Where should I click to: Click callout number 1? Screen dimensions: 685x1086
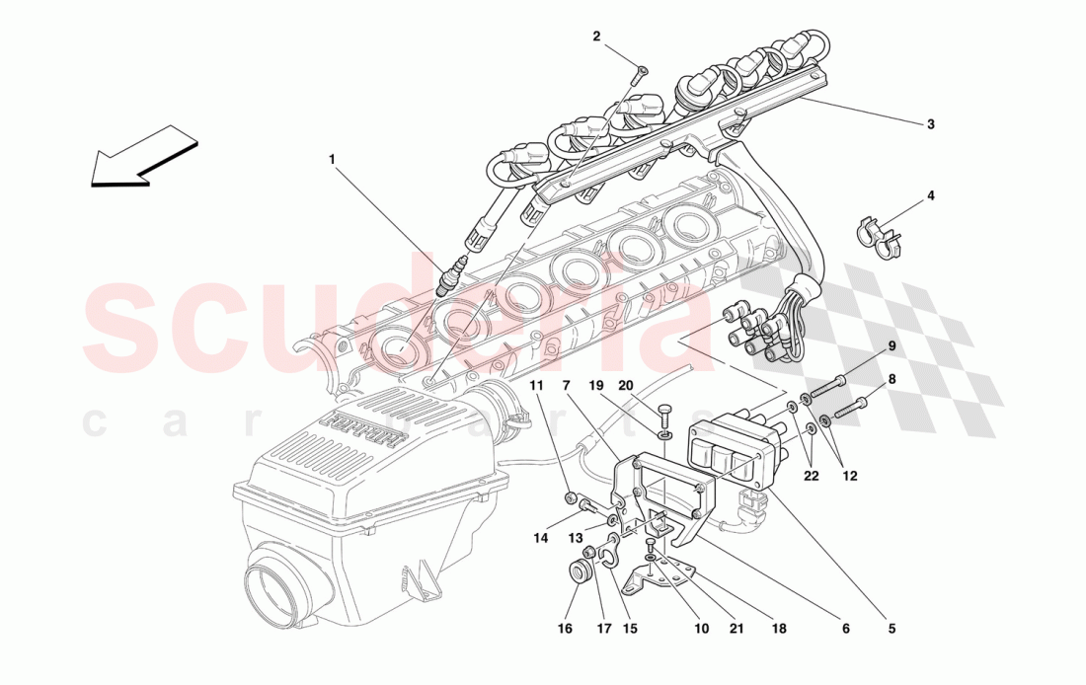tap(333, 158)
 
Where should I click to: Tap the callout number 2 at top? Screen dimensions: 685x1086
tap(596, 37)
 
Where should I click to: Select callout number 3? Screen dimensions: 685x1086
tap(930, 124)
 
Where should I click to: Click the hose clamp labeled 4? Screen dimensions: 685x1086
tap(875, 233)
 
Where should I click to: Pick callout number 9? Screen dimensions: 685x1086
tap(891, 346)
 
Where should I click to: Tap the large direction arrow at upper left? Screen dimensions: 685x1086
tap(144, 156)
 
